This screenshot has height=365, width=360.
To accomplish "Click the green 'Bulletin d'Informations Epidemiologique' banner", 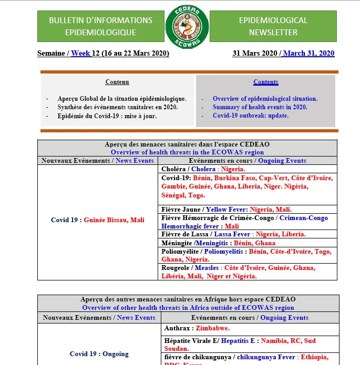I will point(101,26).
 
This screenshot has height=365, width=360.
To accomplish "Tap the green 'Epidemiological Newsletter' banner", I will point(273,26).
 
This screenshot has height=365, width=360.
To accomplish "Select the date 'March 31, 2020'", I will point(309,53).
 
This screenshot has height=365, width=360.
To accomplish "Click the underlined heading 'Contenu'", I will point(117,82).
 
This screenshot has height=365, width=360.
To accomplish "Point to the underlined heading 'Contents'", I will point(266,82).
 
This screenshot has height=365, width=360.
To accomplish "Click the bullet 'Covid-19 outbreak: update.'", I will point(251,116).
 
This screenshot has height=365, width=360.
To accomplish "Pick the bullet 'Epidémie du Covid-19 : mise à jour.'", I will point(107,116).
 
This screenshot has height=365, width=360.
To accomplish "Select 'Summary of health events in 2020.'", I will point(260,107).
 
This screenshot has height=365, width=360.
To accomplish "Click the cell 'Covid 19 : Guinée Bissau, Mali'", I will point(98,220).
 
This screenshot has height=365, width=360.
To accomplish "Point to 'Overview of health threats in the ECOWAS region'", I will point(187,152).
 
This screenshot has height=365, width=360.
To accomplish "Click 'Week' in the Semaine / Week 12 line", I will point(80,53).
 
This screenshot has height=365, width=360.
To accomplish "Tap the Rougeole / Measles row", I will point(247,272).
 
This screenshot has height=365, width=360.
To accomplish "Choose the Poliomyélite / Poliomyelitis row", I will point(247,255).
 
